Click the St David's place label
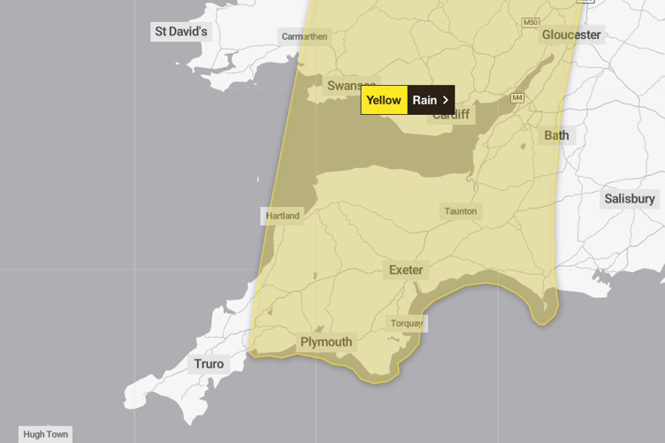(x=180, y=32)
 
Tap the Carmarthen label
(x=304, y=36)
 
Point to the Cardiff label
(x=451, y=115)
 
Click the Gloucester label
(x=571, y=34)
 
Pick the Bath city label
(x=556, y=135)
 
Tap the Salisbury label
(x=630, y=199)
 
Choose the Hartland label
(x=283, y=216)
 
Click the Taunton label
(x=461, y=211)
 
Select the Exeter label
(x=406, y=270)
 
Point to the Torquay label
(x=407, y=324)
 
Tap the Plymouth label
(x=326, y=342)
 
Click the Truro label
(x=209, y=363)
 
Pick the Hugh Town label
(x=46, y=434)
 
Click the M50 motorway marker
(x=530, y=22)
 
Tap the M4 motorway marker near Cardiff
(x=516, y=97)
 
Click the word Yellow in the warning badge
(x=384, y=100)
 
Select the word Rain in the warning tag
(x=424, y=100)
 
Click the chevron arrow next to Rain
(x=446, y=100)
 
